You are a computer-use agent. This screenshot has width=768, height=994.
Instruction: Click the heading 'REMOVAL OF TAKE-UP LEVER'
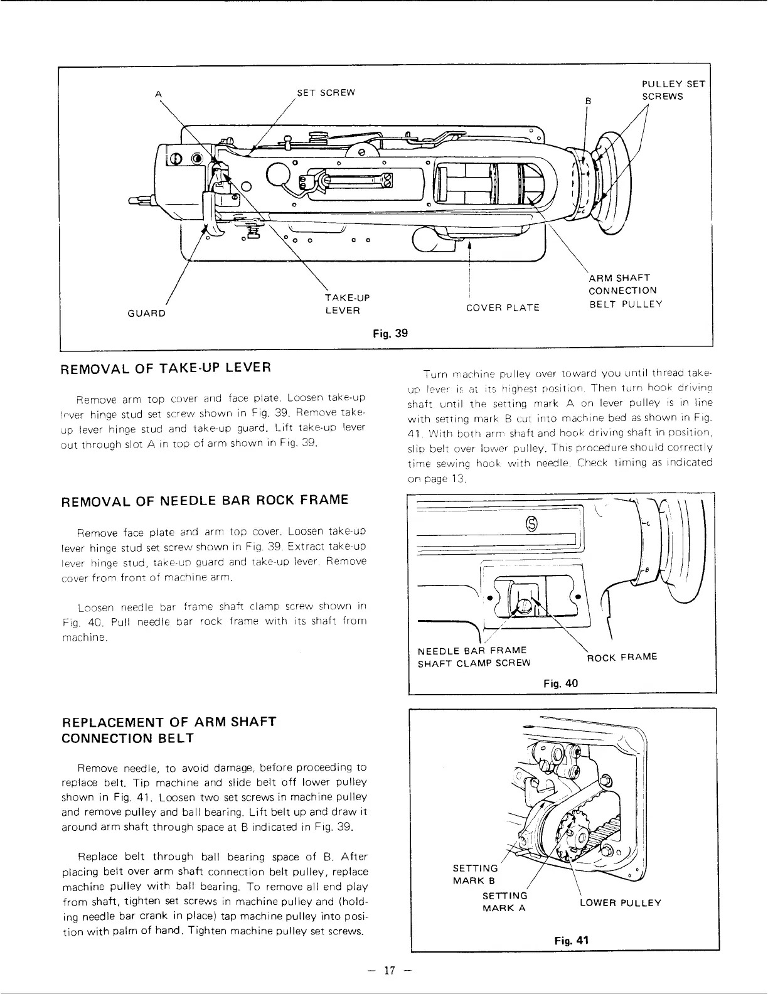166,368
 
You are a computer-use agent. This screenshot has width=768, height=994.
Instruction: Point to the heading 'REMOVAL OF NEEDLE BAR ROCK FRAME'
205,500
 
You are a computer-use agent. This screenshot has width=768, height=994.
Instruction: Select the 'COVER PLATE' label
503,307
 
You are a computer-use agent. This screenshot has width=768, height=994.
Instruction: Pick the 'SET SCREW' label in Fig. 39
326,93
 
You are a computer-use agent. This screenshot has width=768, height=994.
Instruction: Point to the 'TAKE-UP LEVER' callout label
343,304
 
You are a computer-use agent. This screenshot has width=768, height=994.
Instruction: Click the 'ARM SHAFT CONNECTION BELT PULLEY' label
625,291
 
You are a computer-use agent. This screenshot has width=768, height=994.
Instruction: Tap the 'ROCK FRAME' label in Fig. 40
622,657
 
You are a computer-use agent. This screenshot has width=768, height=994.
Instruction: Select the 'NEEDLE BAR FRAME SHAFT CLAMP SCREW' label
474,656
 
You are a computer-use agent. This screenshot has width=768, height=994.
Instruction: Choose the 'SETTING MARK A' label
504,902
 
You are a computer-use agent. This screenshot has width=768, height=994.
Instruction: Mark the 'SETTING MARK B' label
475,874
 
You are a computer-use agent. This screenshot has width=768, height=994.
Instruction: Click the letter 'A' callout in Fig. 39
159,94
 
